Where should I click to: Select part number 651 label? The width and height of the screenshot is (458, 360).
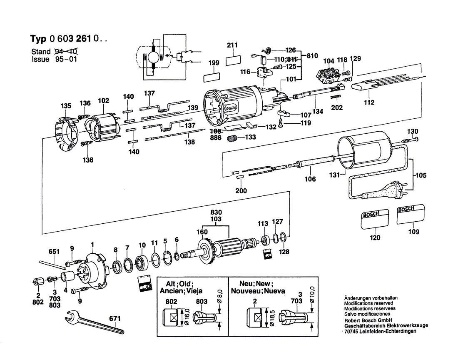[54, 252]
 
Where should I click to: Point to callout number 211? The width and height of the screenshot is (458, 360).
[232, 45]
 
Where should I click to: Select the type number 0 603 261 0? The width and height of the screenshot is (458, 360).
[74, 39]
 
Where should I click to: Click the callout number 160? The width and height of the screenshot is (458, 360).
[202, 232]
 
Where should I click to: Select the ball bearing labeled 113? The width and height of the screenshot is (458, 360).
[263, 240]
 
